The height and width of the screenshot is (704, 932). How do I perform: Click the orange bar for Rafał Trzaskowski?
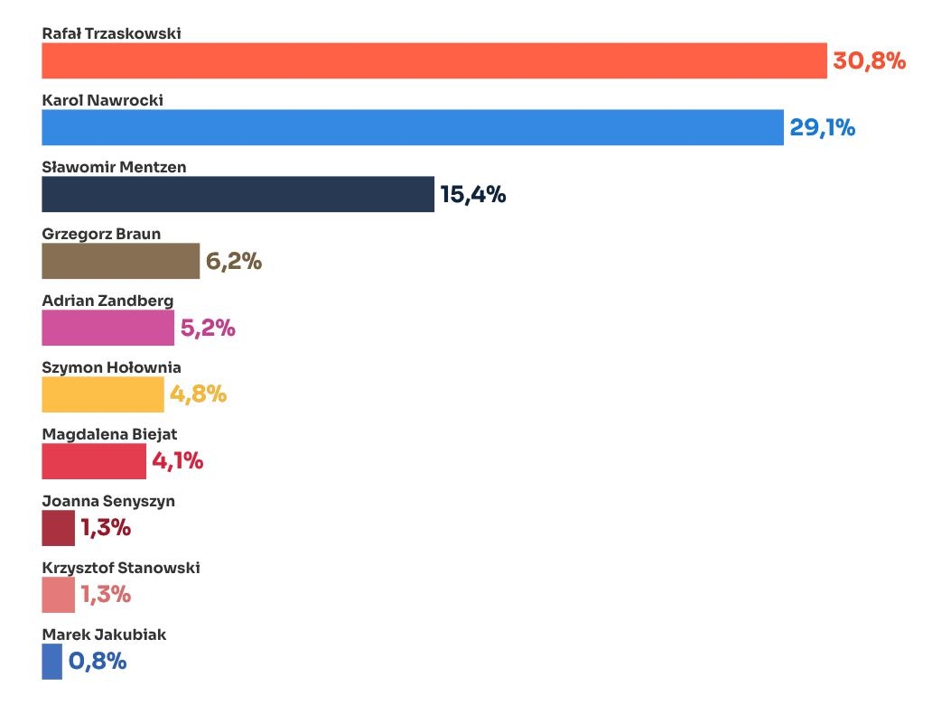(x=433, y=60)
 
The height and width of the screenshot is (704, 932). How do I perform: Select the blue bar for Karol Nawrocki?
(x=412, y=127)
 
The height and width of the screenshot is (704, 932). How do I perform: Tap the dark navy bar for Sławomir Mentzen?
(x=238, y=194)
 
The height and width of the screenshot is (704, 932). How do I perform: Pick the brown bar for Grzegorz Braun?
(x=120, y=261)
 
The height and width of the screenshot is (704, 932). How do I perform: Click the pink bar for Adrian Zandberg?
(x=107, y=328)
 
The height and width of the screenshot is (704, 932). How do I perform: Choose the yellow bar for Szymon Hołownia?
(x=103, y=394)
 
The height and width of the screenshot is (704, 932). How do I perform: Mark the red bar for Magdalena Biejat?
(x=93, y=461)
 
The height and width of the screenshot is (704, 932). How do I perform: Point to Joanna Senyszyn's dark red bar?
(x=58, y=528)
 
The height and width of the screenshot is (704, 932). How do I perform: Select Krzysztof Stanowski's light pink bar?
(x=58, y=595)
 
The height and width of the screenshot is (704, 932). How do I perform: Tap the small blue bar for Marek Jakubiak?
(x=51, y=662)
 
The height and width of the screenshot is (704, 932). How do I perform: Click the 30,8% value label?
(x=868, y=61)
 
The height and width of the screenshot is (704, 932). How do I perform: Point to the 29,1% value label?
(x=822, y=128)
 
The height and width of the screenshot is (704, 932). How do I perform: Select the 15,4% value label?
(x=472, y=195)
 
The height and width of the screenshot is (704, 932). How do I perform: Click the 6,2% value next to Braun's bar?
(x=233, y=262)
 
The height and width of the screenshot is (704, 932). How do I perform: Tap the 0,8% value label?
(x=97, y=662)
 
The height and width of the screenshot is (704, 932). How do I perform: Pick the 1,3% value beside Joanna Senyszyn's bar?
(x=106, y=528)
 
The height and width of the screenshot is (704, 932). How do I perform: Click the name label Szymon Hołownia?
(x=111, y=367)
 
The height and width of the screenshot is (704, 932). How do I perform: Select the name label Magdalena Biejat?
(x=109, y=434)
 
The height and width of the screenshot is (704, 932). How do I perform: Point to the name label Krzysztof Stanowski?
(x=121, y=568)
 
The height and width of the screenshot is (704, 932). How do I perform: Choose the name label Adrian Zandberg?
(x=107, y=301)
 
